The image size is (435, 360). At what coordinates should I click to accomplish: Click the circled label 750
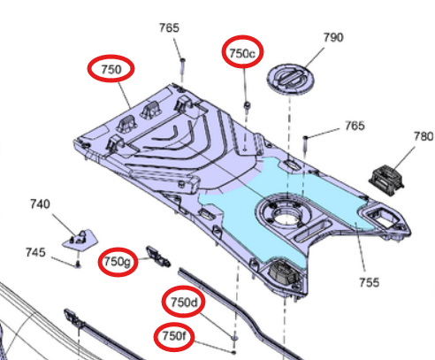click(111, 67)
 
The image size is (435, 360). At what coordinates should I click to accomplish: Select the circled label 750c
click(242, 53)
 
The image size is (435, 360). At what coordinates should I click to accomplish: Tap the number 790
click(333, 38)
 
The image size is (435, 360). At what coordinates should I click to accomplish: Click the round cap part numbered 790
click(291, 78)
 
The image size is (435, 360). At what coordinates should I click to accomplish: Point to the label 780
click(424, 136)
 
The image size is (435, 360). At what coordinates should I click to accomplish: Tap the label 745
click(34, 253)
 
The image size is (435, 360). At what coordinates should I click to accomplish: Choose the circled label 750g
click(118, 262)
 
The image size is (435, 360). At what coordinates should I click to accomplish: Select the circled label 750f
click(173, 337)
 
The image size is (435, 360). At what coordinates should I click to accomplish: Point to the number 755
click(369, 282)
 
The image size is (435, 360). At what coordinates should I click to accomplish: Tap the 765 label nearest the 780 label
click(355, 126)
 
